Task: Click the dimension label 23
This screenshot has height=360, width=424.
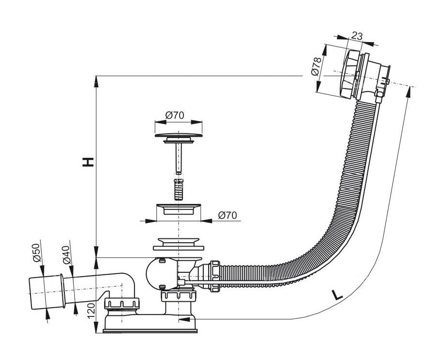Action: [x=357, y=36]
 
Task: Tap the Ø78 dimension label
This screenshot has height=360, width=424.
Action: [x=317, y=66]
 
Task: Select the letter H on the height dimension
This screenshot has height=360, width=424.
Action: [x=88, y=162]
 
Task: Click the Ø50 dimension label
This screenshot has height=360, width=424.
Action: [x=37, y=252]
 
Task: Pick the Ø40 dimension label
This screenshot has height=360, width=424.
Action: [x=66, y=255]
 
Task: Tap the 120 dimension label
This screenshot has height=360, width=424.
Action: [x=91, y=311]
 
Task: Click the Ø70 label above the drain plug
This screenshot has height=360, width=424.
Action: [x=175, y=115]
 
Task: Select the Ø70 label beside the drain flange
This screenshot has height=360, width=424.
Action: [x=227, y=215]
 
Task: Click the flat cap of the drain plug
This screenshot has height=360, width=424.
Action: [x=179, y=135]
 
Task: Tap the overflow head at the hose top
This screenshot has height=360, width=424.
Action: [x=363, y=75]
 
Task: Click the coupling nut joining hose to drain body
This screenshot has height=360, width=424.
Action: [x=214, y=276]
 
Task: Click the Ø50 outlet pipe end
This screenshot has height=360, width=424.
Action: [x=46, y=292]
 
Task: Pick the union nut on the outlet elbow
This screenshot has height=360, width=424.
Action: [x=121, y=303]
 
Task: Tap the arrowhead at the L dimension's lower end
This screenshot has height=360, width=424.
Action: [x=183, y=319]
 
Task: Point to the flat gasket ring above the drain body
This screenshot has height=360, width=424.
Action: [x=179, y=248]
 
